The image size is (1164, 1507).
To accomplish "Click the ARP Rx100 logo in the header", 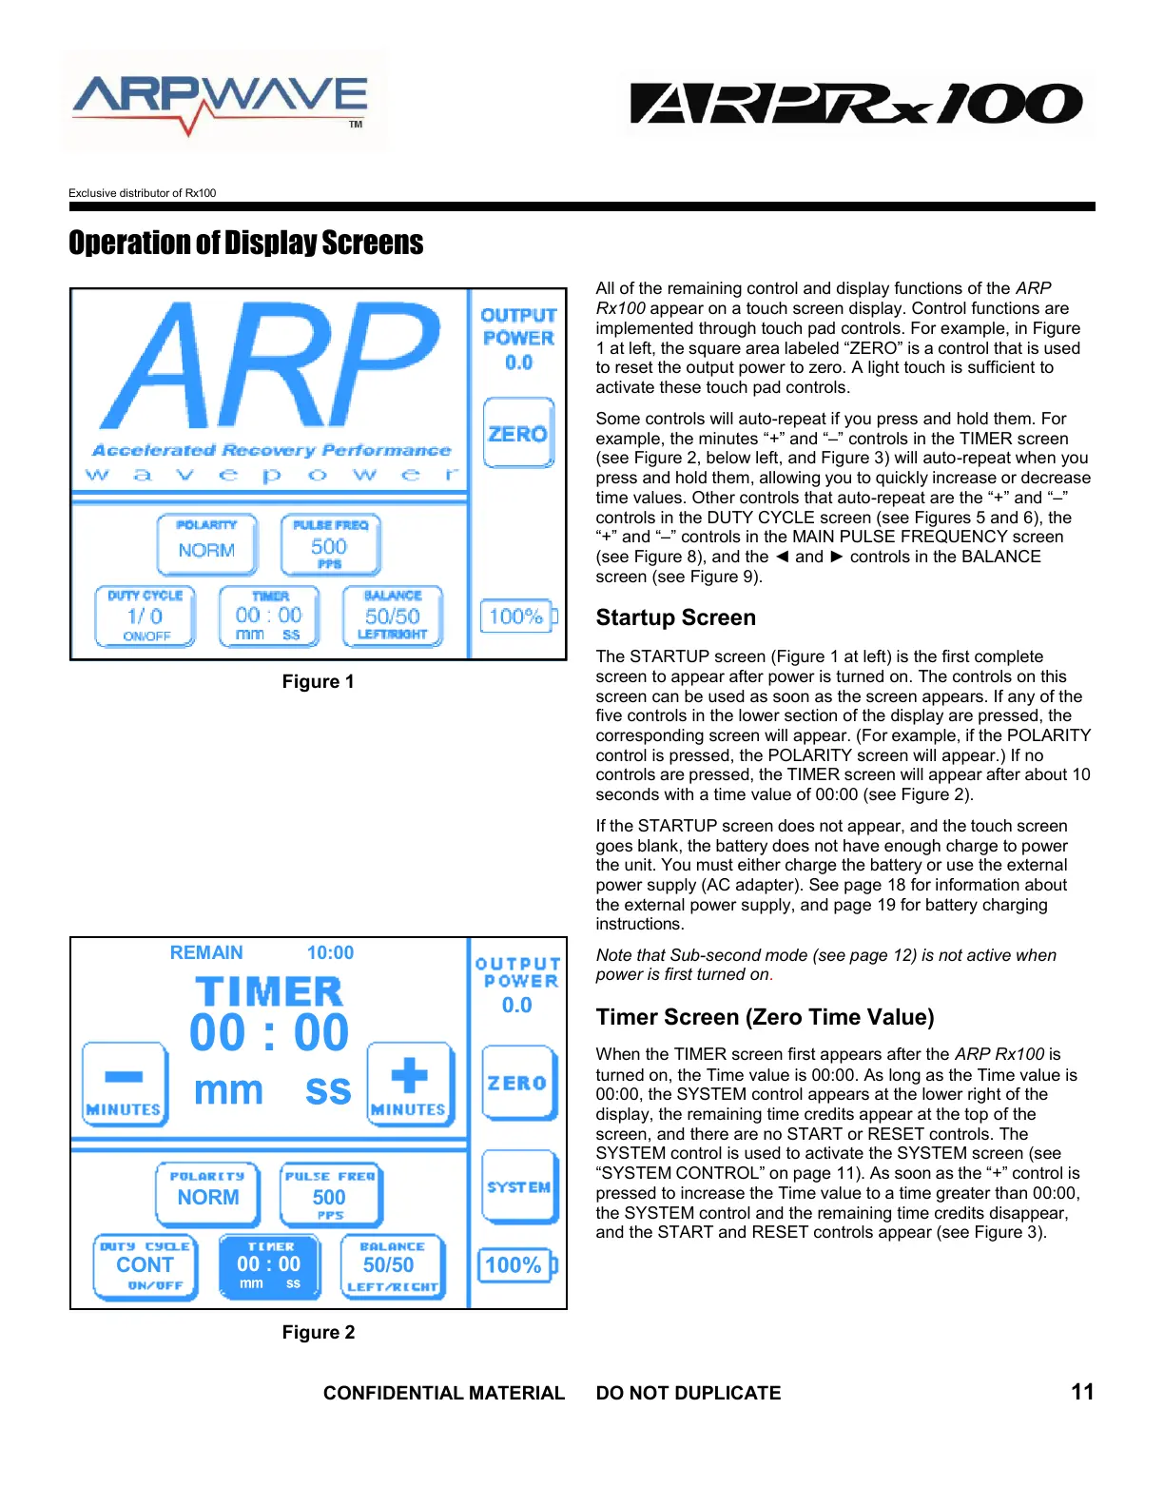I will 856,104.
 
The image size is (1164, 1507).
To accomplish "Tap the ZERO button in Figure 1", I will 518,433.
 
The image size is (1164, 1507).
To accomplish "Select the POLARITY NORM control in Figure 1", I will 206,544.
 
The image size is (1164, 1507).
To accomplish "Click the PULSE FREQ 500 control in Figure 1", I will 330,544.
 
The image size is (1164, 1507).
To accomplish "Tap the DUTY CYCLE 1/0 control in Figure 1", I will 145,616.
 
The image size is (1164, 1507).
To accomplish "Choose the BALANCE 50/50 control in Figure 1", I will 392,616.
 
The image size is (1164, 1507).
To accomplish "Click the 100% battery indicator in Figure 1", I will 517,616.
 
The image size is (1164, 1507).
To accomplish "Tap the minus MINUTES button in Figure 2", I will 125,1085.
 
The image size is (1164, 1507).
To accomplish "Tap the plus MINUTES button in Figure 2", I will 410,1085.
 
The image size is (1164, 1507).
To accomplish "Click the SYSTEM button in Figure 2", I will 518,1186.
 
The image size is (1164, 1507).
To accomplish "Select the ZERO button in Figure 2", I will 518,1083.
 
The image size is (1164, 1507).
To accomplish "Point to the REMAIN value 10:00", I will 330,952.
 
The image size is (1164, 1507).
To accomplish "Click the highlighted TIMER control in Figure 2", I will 269,1265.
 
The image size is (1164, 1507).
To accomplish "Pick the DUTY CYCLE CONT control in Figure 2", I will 145,1265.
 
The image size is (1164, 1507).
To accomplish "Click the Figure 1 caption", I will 318,682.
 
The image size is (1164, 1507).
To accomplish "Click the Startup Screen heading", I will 675,617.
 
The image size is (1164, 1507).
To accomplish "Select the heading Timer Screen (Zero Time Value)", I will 765,1017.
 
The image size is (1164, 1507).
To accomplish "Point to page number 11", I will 1082,1392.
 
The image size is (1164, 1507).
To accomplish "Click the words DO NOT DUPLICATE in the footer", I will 688,1393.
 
